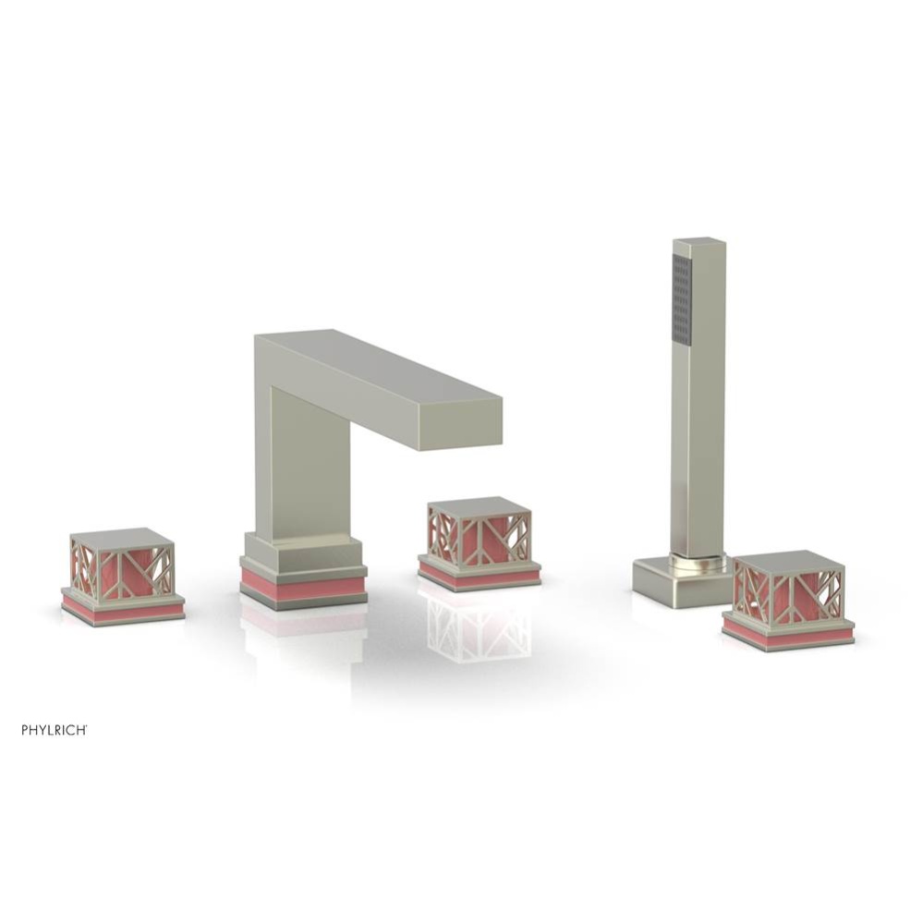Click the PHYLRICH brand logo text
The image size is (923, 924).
tap(55, 730)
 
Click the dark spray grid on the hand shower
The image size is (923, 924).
tap(683, 298)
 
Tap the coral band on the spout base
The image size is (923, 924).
tap(303, 586)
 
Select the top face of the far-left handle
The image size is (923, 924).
tap(122, 538)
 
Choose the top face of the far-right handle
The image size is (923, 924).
tap(788, 560)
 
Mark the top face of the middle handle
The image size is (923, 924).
tap(480, 506)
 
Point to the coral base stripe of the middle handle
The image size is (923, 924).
tap(479, 576)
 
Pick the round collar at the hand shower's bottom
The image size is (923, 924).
tap(698, 560)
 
